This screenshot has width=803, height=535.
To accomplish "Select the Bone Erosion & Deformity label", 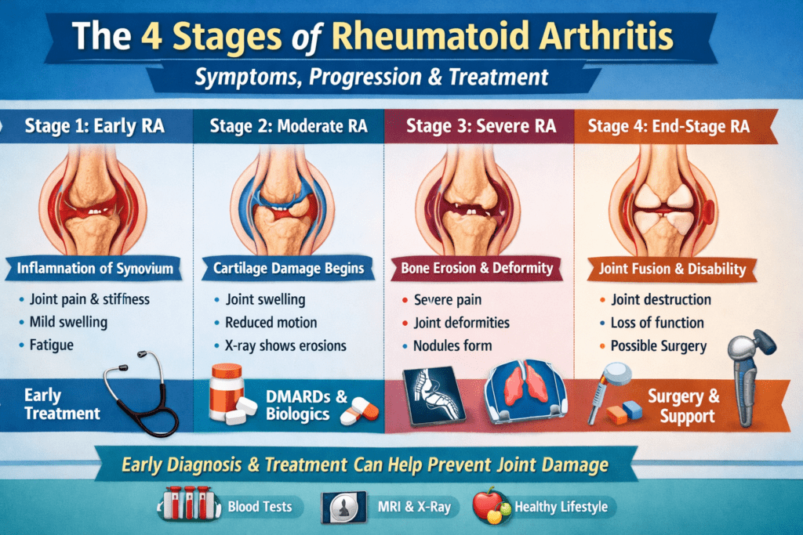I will point(478,269).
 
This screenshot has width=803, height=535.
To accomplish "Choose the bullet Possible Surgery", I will point(657,345).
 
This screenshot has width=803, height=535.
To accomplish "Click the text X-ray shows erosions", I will point(285,345).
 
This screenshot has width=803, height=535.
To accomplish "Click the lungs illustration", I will point(524,396).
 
